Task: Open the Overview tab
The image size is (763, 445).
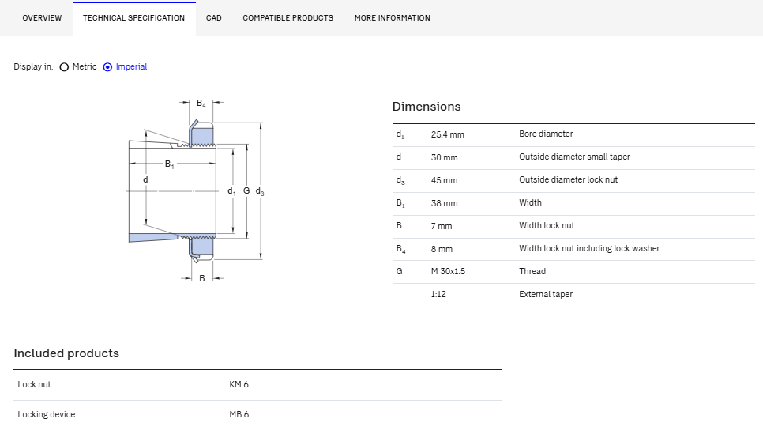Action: coord(42,18)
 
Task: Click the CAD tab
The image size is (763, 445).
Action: coord(213,18)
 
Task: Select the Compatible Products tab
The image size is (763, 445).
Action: coord(288,18)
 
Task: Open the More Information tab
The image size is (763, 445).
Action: coord(393,18)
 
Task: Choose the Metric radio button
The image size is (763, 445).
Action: coord(64,67)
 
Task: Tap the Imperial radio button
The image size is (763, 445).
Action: coord(107,67)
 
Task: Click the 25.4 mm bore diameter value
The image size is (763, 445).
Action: coord(447,134)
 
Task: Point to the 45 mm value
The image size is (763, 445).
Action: coord(444,180)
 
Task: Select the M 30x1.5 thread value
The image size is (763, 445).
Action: coord(448,271)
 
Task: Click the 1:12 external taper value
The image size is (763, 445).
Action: coord(438,294)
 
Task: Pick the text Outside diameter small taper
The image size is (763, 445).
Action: coord(574,157)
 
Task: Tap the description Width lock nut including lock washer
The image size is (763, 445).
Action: coord(588,248)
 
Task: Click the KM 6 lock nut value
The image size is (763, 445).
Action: coord(239,384)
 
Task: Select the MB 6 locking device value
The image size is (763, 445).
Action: coord(239,414)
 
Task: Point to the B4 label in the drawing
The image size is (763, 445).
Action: coord(201,104)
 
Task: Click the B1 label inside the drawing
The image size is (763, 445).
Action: coord(169,164)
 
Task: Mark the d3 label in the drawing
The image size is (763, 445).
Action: coord(260,191)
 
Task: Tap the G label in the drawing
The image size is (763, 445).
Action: coord(246,190)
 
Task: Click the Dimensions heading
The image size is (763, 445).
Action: coord(427,107)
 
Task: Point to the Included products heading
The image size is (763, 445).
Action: coord(66,353)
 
